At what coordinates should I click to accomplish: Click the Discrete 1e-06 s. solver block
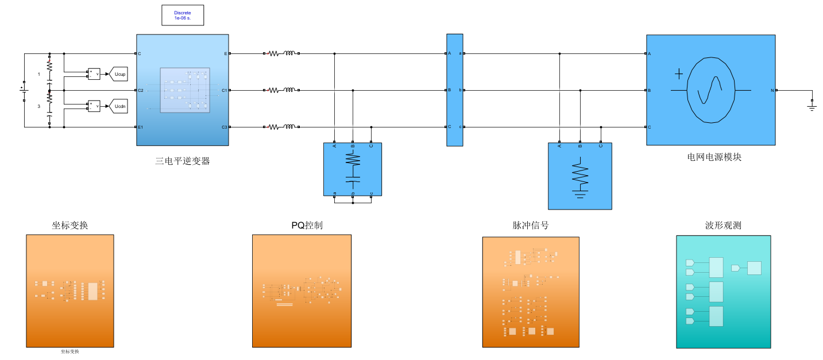(x=182, y=16)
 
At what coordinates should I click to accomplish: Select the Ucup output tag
(x=118, y=74)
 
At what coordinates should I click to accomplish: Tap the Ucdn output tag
(x=118, y=106)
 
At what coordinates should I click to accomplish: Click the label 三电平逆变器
(x=183, y=161)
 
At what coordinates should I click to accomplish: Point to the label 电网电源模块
(x=714, y=157)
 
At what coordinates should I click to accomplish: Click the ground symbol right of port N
(x=812, y=106)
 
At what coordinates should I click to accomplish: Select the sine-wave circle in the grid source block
(x=711, y=90)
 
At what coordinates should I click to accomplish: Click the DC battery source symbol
(x=24, y=90)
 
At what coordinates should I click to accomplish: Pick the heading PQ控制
(x=307, y=225)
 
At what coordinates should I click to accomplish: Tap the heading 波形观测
(x=723, y=225)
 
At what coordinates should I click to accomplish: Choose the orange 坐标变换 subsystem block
(x=69, y=291)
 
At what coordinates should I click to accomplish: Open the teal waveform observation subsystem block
(x=723, y=291)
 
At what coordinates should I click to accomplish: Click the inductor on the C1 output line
(x=289, y=90)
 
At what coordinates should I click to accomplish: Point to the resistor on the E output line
(x=274, y=53)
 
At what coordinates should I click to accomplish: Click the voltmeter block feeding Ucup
(x=94, y=74)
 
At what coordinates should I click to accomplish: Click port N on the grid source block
(x=772, y=90)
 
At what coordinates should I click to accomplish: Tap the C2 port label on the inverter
(x=141, y=90)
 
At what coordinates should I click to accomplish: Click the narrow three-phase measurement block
(x=454, y=90)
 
